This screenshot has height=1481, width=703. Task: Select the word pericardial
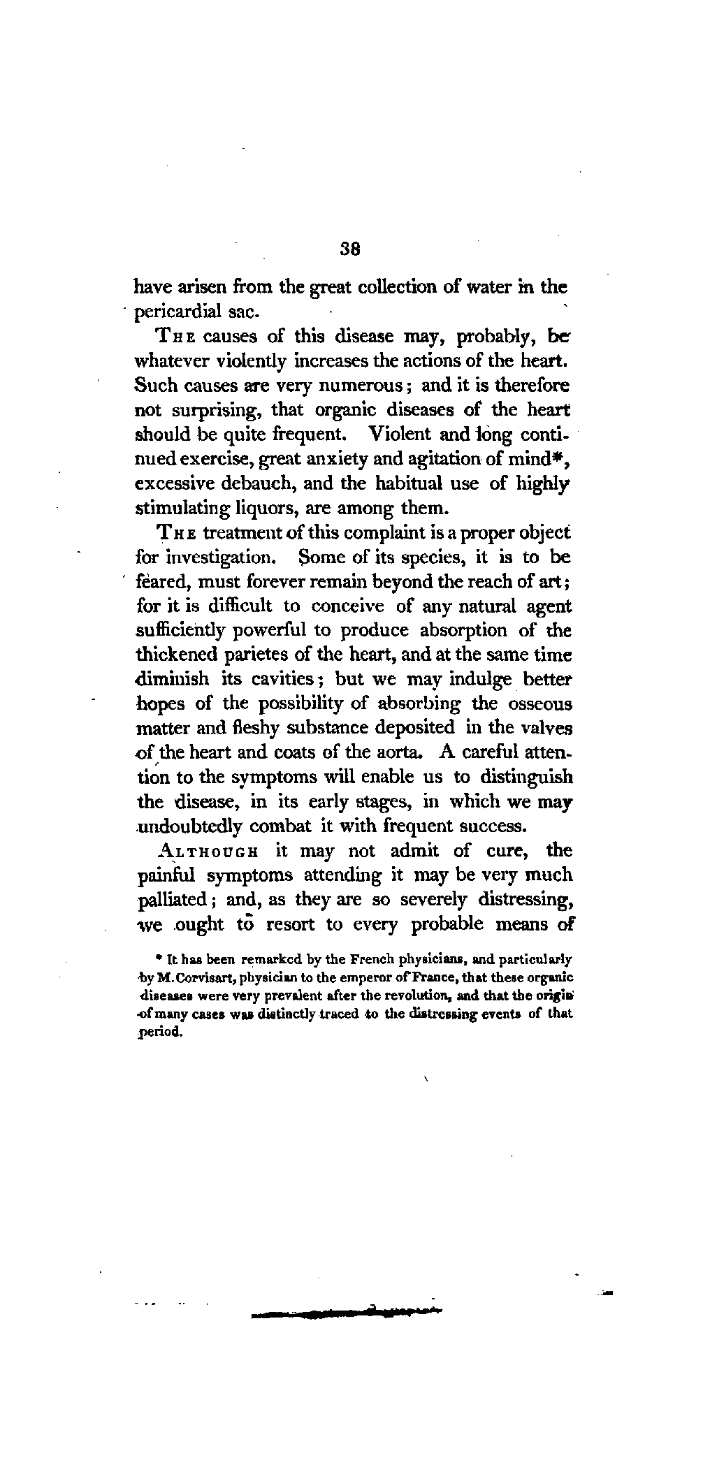pyautogui.click(x=174, y=312)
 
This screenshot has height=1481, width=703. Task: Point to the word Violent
pyautogui.click(x=400, y=435)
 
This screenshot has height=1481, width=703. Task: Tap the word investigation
pyautogui.click(x=212, y=557)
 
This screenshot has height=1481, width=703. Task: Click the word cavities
pyautogui.click(x=287, y=679)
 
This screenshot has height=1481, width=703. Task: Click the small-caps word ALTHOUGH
pyautogui.click(x=201, y=852)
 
